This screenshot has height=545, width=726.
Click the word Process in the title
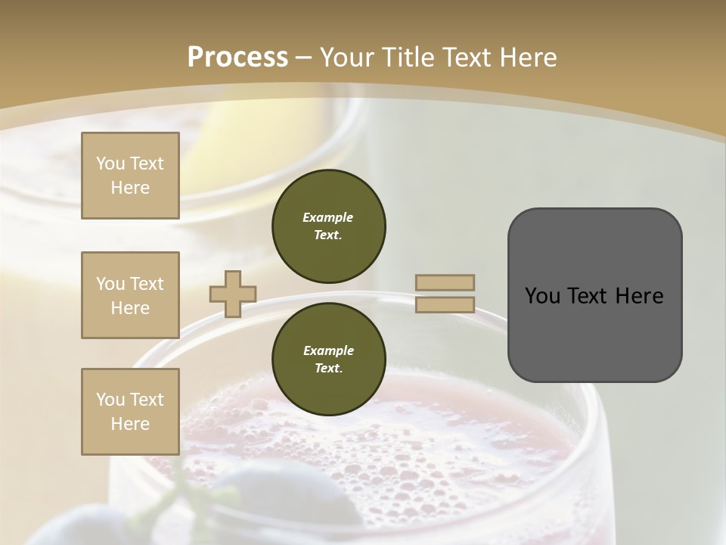tap(237, 58)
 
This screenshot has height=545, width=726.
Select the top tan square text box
tap(130, 176)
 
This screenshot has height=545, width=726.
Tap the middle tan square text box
tap(130, 295)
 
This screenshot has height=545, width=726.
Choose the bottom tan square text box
tap(130, 412)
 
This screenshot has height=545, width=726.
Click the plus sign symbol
tap(233, 294)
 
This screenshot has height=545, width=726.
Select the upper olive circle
tap(328, 226)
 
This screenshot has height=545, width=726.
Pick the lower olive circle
tap(328, 359)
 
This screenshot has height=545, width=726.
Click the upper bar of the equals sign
tap(445, 283)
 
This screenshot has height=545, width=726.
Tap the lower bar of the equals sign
tap(445, 304)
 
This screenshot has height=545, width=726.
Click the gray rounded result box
tap(594, 295)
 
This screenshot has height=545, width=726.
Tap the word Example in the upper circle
tap(328, 217)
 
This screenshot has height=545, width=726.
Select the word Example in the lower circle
tap(328, 350)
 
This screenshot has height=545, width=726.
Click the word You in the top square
tap(110, 163)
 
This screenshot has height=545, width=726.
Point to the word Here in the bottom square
tap(130, 424)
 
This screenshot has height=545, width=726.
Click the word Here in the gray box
tap(640, 296)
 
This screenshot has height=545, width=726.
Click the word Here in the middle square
tap(130, 308)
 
